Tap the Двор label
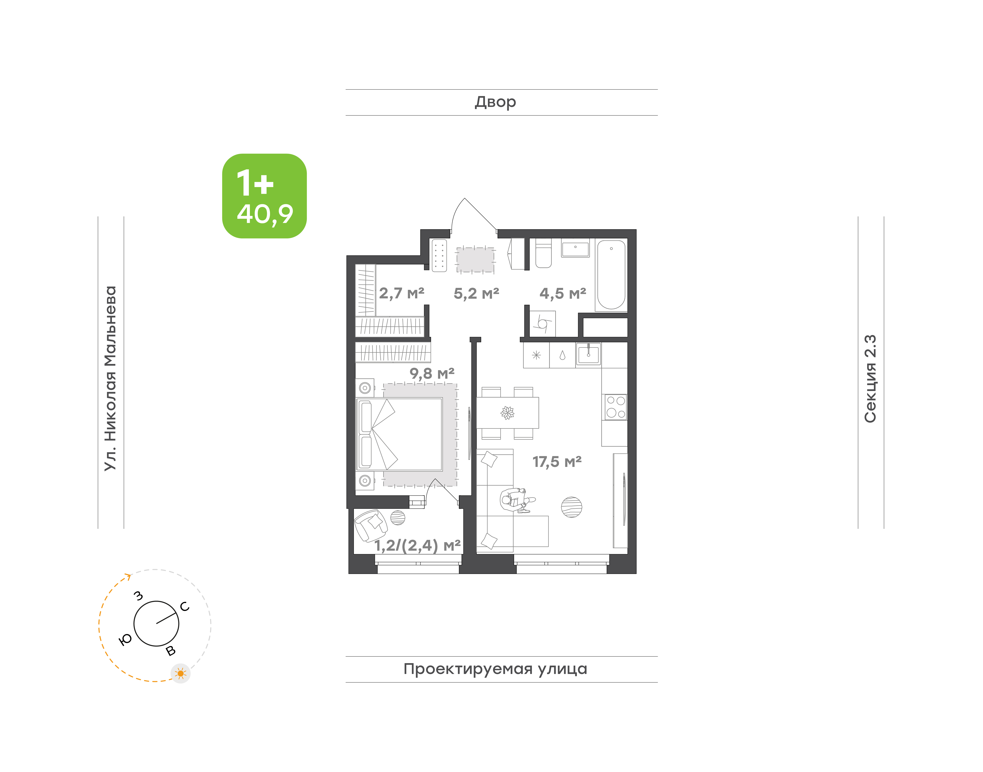495,102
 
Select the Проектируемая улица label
495,669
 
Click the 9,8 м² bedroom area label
432,373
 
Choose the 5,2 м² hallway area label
476,293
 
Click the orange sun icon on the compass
181,673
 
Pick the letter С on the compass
185,607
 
